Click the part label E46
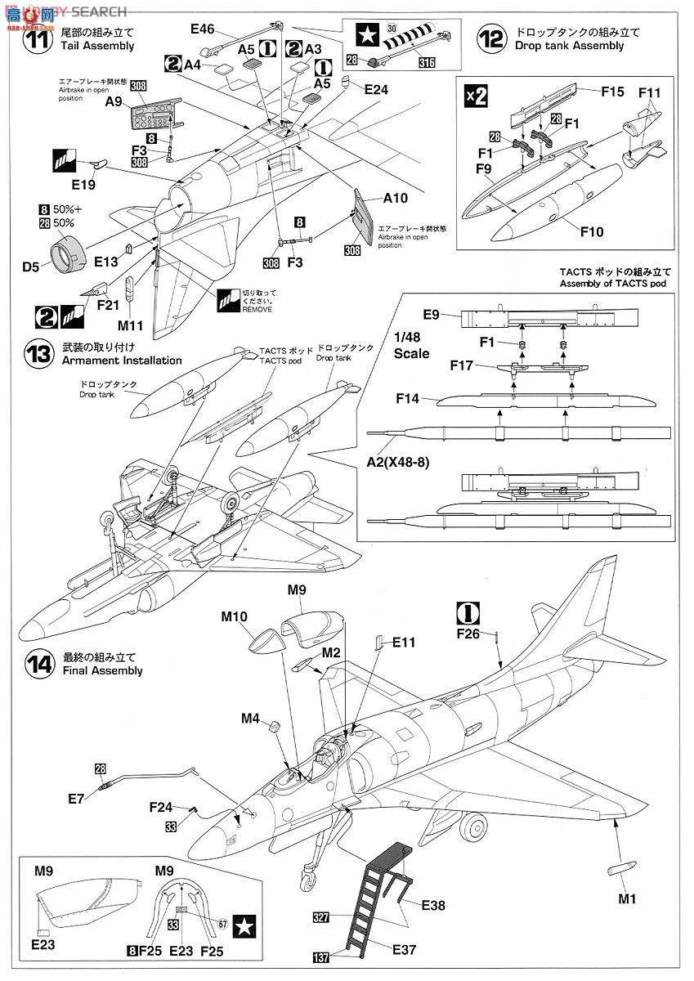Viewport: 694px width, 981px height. (201, 30)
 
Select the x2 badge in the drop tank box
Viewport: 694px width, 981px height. (477, 95)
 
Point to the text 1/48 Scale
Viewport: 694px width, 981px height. (410, 346)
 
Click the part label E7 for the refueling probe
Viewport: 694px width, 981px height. (76, 798)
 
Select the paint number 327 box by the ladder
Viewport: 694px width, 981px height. (320, 918)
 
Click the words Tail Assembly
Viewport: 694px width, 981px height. (97, 46)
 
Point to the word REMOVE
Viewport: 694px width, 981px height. (257, 310)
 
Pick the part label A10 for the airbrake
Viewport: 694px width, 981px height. (393, 198)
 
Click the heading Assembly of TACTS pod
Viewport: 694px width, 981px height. (615, 284)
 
